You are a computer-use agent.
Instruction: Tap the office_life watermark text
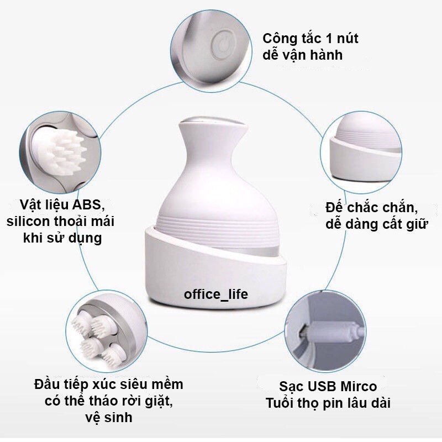[x=216, y=294]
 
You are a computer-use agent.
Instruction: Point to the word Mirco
[x=359, y=386]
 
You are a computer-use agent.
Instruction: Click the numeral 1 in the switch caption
[x=329, y=39]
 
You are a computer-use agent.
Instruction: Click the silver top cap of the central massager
[x=213, y=122]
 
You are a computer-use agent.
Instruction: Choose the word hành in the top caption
[x=328, y=55]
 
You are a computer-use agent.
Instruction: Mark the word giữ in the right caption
[x=417, y=224]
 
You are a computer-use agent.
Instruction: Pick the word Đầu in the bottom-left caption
[x=47, y=384]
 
